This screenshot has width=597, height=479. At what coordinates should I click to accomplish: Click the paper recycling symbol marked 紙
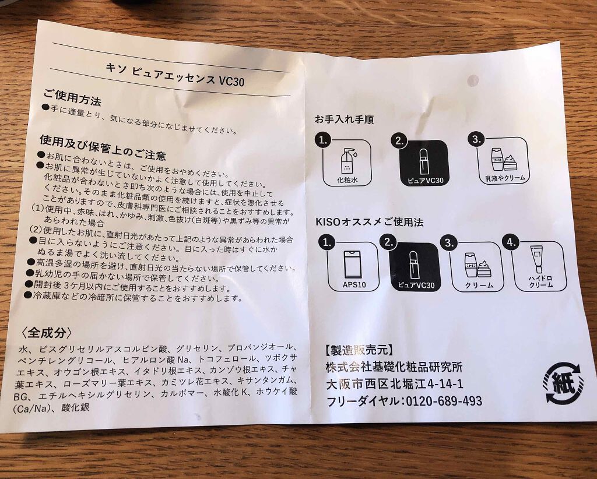pos(563,382)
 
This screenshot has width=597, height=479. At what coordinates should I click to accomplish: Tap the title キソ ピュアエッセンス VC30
pos(175,74)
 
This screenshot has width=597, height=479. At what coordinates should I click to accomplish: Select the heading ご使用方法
pos(72,97)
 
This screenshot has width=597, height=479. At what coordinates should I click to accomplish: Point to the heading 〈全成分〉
pos(46,333)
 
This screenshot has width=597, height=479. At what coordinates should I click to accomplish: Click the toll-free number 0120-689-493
pos(444,401)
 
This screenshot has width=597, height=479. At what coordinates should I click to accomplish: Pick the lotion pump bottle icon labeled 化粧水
pos(347,163)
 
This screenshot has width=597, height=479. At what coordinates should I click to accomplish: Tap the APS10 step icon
pos(354,266)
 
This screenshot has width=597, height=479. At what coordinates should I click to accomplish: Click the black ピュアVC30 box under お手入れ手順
pos(423,163)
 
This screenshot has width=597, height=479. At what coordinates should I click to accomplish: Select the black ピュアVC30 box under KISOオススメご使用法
pos(415,266)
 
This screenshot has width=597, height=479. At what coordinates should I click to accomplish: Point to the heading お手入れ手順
pos(344,119)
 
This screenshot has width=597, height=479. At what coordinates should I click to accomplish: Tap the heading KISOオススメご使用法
pos(369,222)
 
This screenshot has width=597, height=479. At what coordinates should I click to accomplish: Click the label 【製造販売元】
pos(359,350)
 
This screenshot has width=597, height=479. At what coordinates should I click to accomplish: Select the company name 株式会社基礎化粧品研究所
pos(394,367)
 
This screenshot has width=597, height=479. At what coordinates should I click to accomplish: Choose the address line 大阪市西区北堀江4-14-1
pos(395,384)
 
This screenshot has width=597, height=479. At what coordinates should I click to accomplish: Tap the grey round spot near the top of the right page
pos(473,80)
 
